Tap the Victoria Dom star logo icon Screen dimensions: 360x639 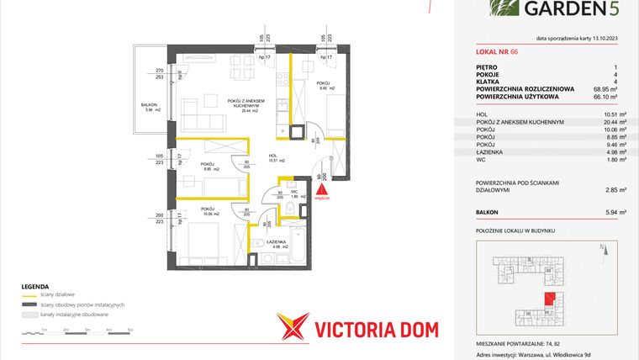[294, 328]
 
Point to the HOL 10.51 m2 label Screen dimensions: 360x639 [277, 157]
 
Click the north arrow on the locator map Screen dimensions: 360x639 [602, 248]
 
